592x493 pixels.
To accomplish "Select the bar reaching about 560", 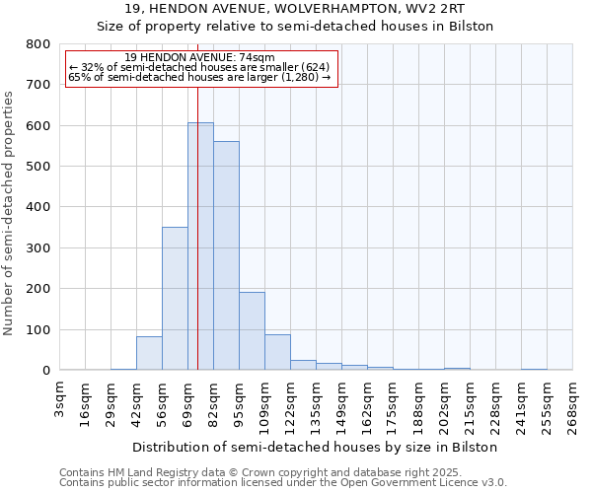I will [x=226, y=256].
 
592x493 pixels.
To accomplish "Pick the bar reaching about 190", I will [x=252, y=331].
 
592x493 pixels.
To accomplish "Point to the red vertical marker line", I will [x=197, y=197].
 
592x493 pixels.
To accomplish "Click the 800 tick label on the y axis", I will [x=38, y=44].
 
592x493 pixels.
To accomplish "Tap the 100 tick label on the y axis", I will [x=38, y=329].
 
